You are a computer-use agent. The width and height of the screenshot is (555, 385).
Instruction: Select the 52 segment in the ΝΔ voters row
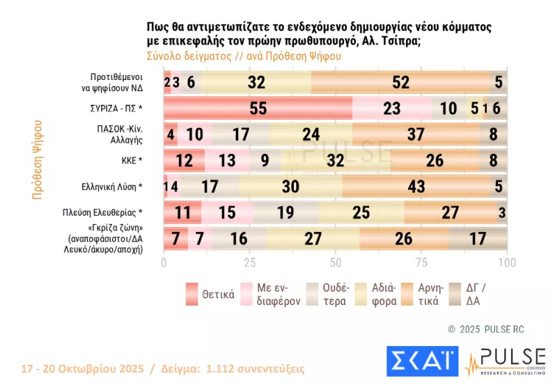pos(400,82)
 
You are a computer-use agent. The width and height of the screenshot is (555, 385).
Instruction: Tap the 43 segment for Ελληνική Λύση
pos(416,186)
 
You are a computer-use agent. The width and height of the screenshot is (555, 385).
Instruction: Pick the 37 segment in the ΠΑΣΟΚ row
pos(416,134)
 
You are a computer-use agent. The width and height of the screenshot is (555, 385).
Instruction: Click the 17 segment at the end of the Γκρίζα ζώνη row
pos(478,238)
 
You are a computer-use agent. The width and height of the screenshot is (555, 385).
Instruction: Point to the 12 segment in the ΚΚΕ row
pos(184,160)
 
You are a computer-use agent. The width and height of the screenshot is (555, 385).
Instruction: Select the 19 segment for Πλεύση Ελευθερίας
pos(286,212)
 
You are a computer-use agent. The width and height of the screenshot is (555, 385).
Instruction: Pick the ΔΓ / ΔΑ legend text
pos(476,294)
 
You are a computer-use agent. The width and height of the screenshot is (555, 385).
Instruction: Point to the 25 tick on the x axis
pos(249,262)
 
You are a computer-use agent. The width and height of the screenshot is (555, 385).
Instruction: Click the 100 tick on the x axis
pos(507,262)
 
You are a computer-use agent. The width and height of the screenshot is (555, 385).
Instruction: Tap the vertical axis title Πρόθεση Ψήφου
pos(37,159)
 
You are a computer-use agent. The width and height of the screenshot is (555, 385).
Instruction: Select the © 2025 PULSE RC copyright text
pos(485,328)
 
